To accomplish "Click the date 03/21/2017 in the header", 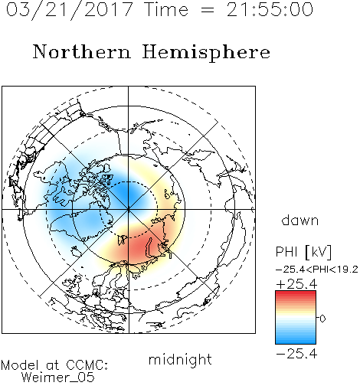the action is coord(69,10).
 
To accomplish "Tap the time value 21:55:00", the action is coord(270,9).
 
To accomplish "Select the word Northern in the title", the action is coord(82,51).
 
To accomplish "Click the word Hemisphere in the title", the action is coord(206,53).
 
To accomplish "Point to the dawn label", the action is coord(300,220).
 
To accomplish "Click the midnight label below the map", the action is coord(180,359).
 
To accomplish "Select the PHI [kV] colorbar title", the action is coord(303,252).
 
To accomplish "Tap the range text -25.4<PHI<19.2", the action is coord(317,270).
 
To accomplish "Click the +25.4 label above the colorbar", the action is coord(296,284).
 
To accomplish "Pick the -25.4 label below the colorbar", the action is coord(296,354).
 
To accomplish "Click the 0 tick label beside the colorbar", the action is coord(322,319).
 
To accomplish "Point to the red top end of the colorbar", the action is coord(296,293).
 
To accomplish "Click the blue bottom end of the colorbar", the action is coord(296,342).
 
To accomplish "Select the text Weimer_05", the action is coord(58,378).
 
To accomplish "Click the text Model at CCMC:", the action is coord(54,365).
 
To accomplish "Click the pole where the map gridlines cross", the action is coord(129,210).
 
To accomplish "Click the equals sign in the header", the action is coord(208,10).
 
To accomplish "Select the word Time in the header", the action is coord(166,9).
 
